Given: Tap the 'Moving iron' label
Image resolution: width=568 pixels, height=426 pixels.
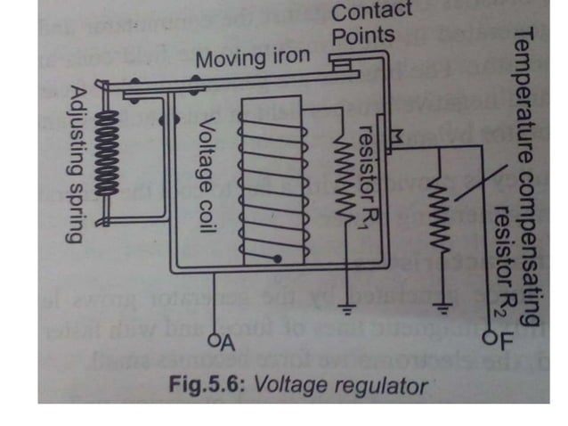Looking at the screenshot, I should [253, 60].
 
